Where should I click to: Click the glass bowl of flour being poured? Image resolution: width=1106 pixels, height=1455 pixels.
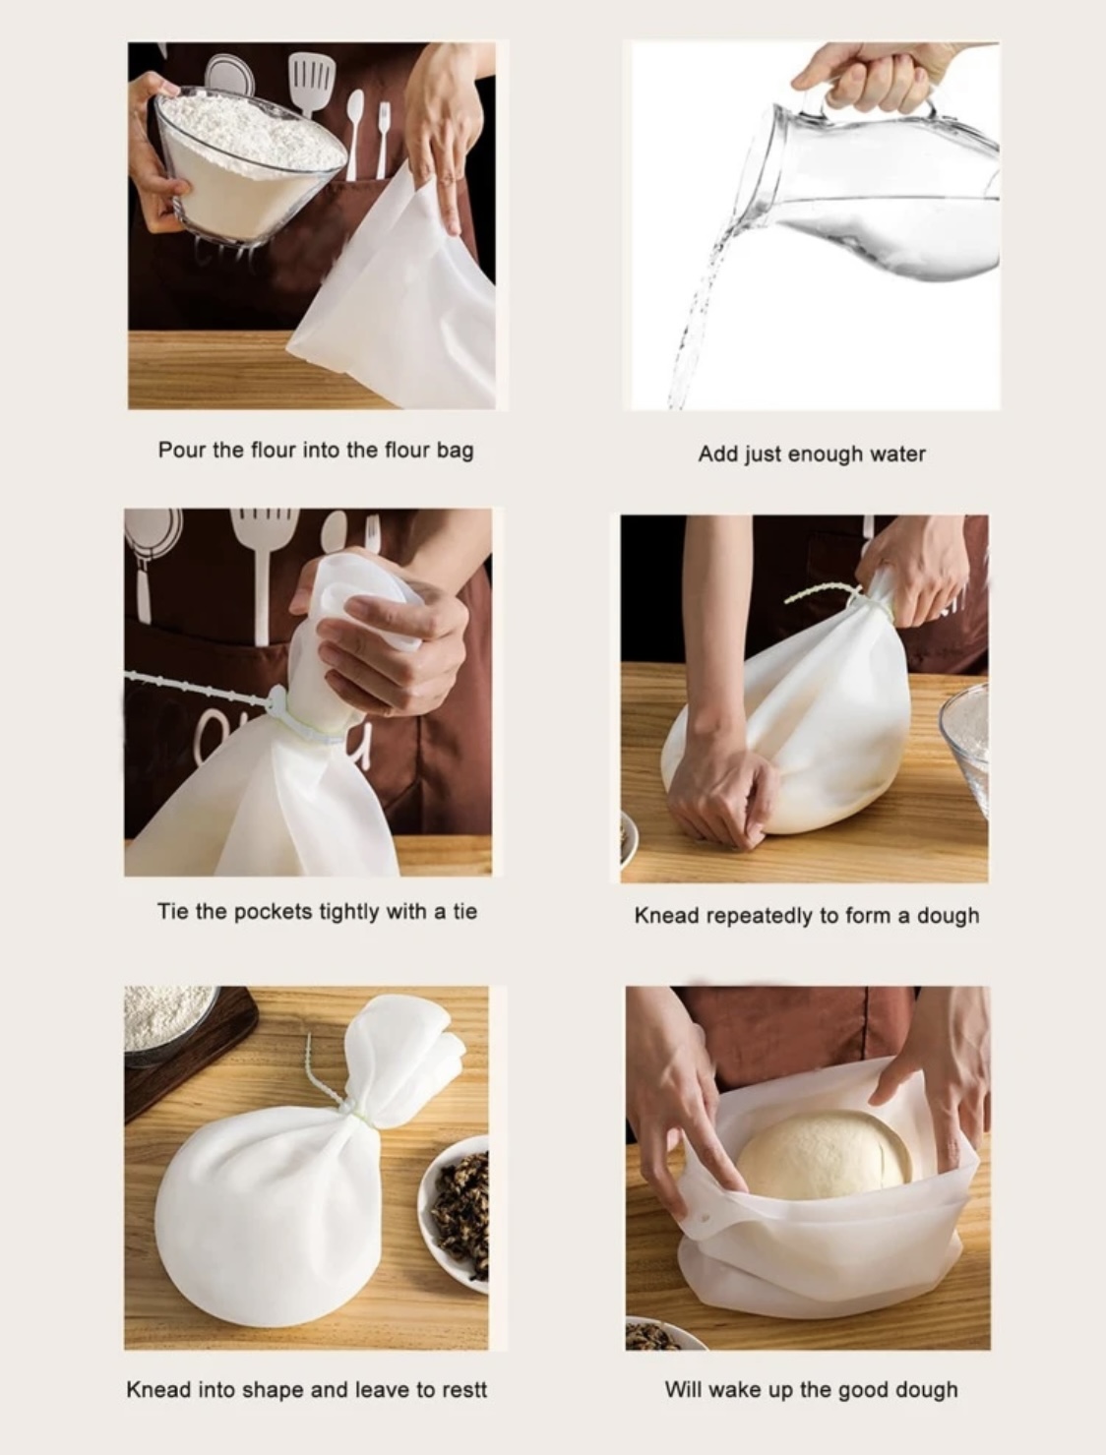[x=249, y=165]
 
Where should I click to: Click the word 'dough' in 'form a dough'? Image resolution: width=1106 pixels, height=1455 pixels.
[x=949, y=916]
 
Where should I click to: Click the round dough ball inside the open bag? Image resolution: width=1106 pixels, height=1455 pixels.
[x=824, y=1156]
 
